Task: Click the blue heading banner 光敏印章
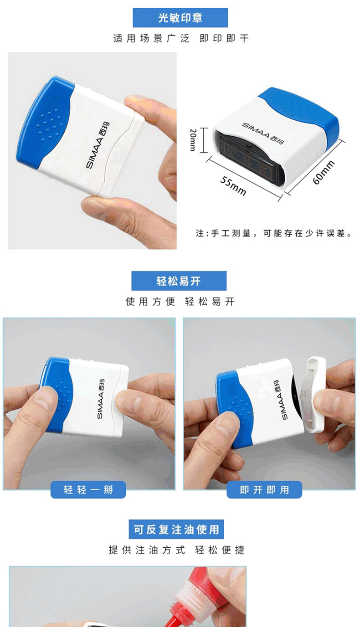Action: point(180,18)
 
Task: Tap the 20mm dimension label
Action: point(193,140)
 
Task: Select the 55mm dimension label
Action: point(233,186)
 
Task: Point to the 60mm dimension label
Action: point(324,172)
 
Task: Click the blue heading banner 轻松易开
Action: point(179,281)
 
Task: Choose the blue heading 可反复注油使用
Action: point(176,529)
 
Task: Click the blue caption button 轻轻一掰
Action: point(88,489)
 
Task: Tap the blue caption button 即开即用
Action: point(264,489)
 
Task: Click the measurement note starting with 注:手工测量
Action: point(273,233)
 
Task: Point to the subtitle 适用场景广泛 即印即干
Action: point(181,38)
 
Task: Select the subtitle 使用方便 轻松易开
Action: point(180,302)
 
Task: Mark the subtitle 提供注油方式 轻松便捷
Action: point(177,550)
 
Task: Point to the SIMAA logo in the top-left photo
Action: point(98,145)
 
